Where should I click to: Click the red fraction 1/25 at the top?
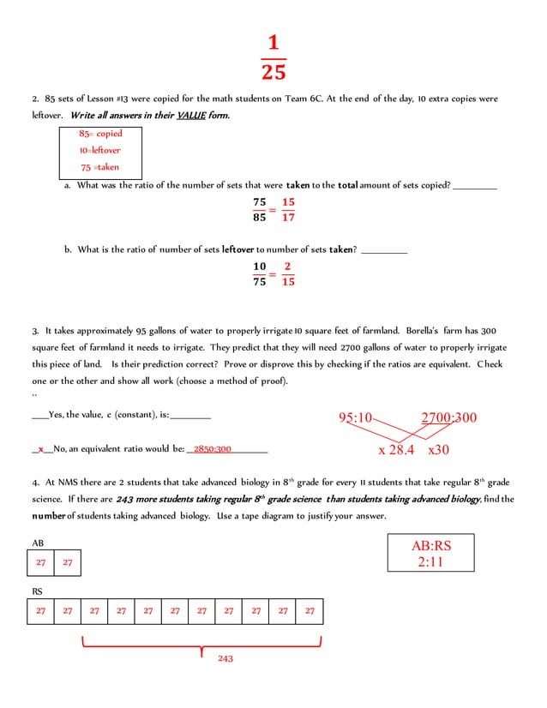[273, 57]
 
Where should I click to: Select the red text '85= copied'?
[100, 134]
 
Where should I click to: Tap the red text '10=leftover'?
[100, 150]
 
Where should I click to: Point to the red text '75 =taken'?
[100, 167]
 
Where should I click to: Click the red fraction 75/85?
[260, 210]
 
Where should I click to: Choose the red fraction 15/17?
[288, 210]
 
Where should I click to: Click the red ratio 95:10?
[356, 418]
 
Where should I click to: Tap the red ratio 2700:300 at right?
[448, 418]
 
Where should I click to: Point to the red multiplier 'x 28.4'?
[396, 449]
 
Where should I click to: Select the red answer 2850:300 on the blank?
[213, 448]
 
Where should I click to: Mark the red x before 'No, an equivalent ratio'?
[40, 448]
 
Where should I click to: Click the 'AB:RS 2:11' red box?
[431, 554]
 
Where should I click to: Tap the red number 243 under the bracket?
[225, 658]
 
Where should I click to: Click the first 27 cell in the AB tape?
[40, 562]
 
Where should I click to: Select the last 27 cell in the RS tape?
[310, 611]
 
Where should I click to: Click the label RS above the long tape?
[38, 591]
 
